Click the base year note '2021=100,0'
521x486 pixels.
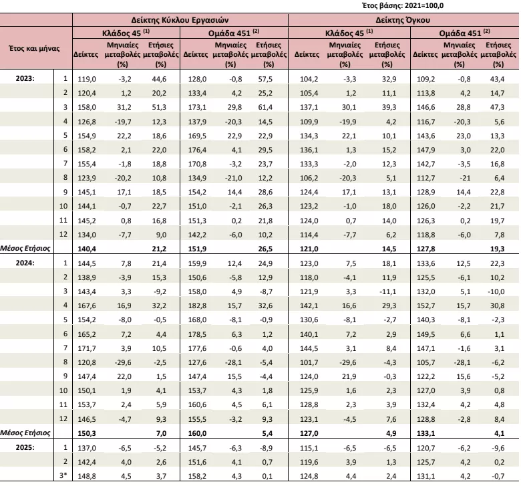(424, 5)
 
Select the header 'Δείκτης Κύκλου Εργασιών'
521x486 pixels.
(180, 20)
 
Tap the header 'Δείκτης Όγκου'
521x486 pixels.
(403, 20)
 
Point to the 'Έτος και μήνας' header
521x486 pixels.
(34, 49)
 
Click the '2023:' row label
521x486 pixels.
(25, 78)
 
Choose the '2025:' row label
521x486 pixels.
(25, 447)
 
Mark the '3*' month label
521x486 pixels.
(63, 476)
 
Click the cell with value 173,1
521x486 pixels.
(197, 107)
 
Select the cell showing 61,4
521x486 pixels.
(265, 107)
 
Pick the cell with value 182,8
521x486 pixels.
(197, 306)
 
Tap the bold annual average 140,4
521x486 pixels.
(87, 249)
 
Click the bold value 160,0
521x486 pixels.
(197, 433)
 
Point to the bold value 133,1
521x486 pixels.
(425, 433)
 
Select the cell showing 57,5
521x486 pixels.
(265, 79)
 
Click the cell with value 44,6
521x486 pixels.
(159, 79)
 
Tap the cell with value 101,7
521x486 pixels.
(309, 362)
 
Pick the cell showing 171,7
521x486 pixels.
(87, 348)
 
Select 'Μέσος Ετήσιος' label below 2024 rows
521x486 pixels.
(25, 433)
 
